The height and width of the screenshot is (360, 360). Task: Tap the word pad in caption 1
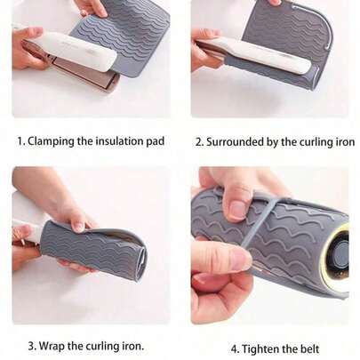coord(155,140)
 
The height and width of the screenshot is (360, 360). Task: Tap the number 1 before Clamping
coord(20,140)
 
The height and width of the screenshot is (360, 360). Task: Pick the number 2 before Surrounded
coord(199,141)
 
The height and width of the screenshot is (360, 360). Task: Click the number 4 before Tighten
coord(234,348)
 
